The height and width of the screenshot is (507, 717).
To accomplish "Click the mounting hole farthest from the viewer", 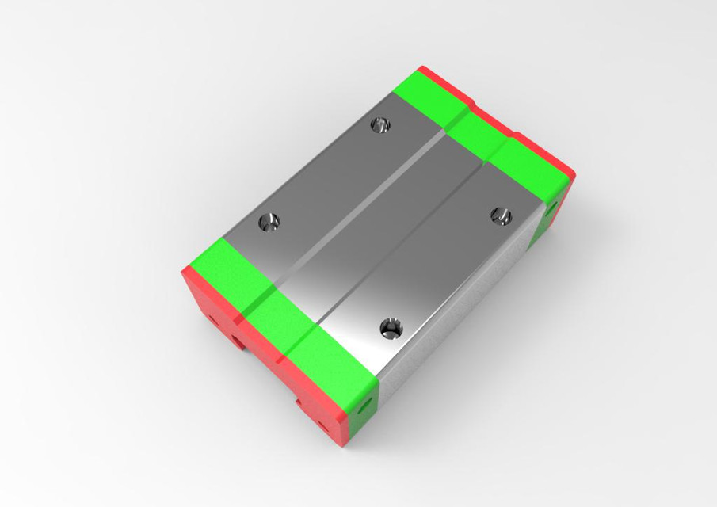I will tap(381, 124).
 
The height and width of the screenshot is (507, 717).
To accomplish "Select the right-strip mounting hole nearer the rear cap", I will tap(498, 212).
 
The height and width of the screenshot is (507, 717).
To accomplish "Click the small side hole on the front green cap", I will tap(366, 405).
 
